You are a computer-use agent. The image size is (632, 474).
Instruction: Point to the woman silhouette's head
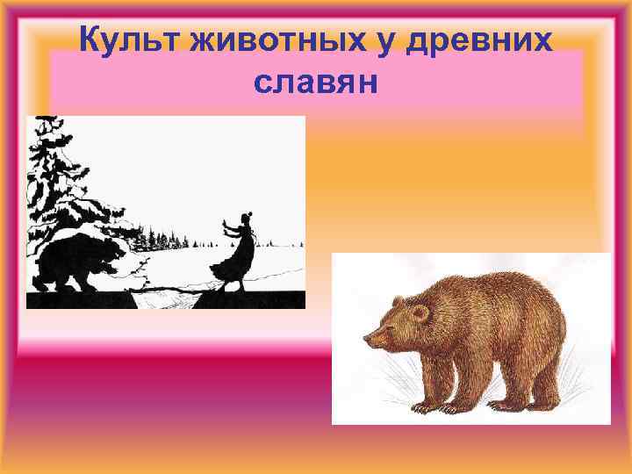tap(248, 212)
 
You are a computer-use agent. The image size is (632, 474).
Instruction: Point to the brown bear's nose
tap(365, 337)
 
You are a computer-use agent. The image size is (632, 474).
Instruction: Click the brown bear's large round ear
tap(420, 312)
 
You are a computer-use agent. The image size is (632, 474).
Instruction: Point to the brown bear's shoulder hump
tap(456, 290)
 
